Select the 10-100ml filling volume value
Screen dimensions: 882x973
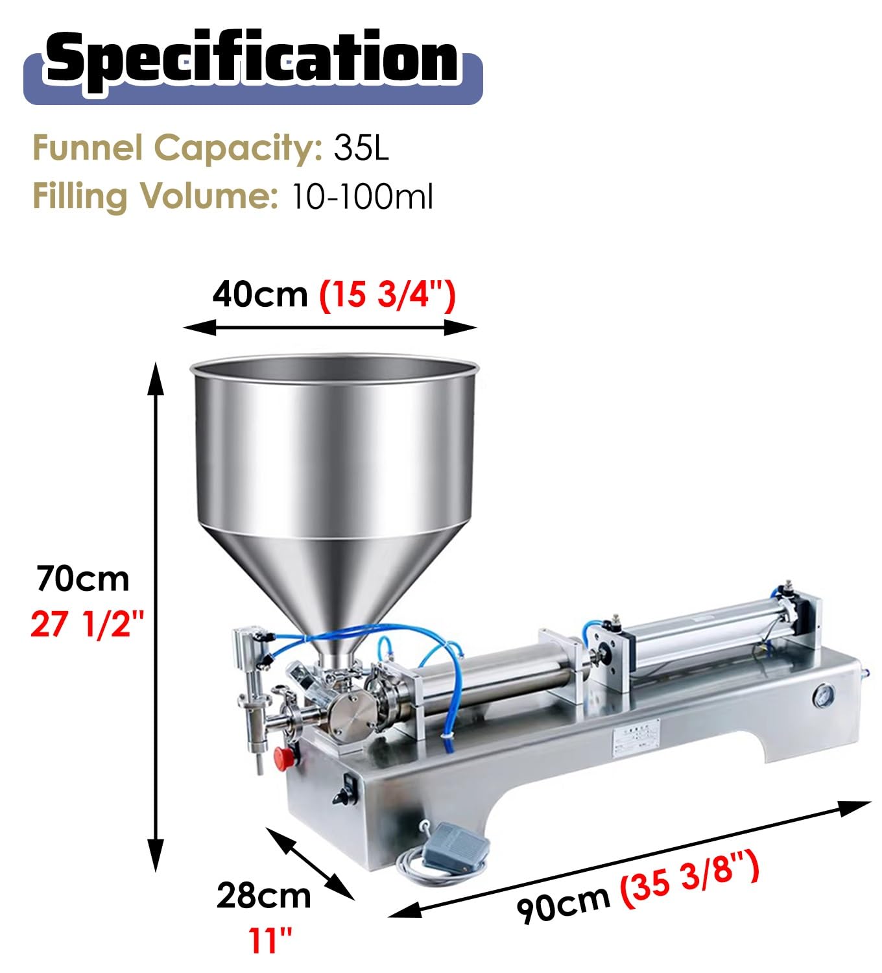pos(361,197)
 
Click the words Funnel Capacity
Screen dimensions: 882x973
pos(178,148)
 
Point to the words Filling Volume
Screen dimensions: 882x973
pos(156,197)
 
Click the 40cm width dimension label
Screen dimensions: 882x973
pos(260,294)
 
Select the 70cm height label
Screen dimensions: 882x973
pos(83,579)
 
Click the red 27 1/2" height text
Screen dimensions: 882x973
pos(88,624)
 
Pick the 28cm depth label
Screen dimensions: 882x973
pos(263,895)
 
